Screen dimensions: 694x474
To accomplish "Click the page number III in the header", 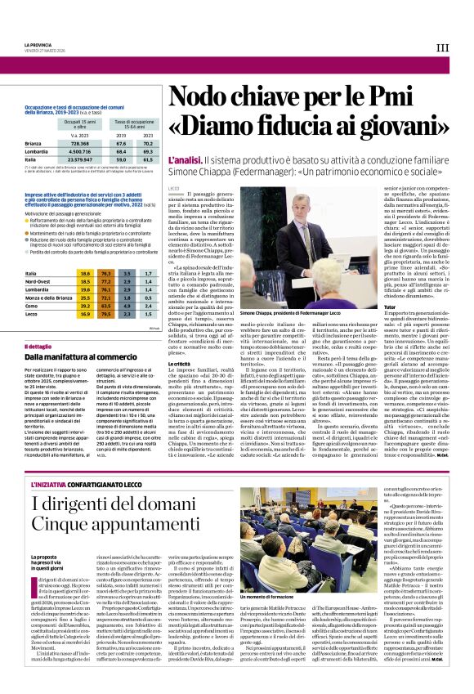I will point(442,48).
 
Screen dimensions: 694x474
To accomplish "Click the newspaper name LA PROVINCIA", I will point(39,44).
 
